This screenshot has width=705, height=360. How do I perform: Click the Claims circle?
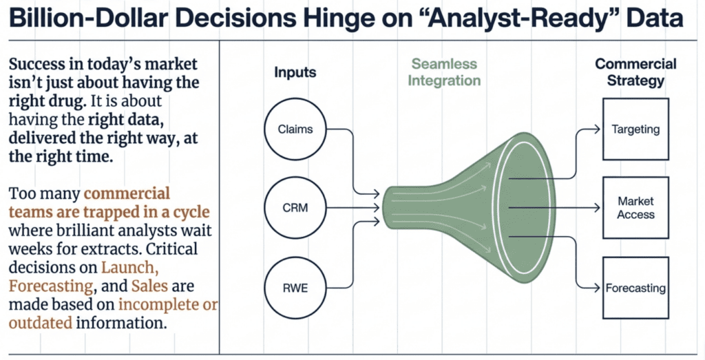coord(294,129)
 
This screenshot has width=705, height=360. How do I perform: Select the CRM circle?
coord(294,206)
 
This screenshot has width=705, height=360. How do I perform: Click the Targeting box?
coord(635,129)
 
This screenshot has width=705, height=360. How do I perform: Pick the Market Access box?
coord(635,207)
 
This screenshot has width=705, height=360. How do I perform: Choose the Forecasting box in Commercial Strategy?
coord(635,288)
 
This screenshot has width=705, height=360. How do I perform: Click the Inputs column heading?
coord(295,71)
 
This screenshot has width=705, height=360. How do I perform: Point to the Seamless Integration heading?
coord(444,72)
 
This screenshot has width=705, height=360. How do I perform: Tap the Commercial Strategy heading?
coord(635,72)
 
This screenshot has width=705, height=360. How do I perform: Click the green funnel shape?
coord(468,207)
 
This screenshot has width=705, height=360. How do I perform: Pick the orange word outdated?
coord(39,321)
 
